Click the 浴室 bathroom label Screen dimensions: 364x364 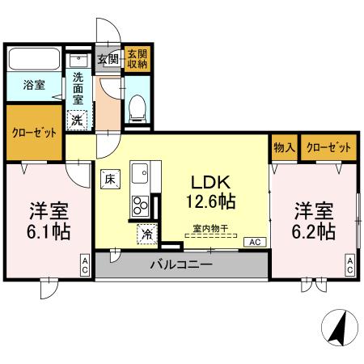[x=33, y=84]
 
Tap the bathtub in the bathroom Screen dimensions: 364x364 [x=33, y=61]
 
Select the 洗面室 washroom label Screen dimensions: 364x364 [x=78, y=87]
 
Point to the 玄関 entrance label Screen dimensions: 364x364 [x=108, y=59]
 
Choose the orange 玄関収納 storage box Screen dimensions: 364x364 [x=138, y=58]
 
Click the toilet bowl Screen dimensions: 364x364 [x=137, y=104]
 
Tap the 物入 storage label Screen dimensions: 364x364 [x=284, y=148]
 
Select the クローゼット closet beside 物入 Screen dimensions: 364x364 [x=328, y=148]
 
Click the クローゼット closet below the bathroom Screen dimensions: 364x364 [x=34, y=133]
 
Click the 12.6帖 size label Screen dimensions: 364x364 [x=212, y=199]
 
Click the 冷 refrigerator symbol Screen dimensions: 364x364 [x=147, y=233]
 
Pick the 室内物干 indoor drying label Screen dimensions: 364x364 [x=210, y=229]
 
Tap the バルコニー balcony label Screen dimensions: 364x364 [x=181, y=265]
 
